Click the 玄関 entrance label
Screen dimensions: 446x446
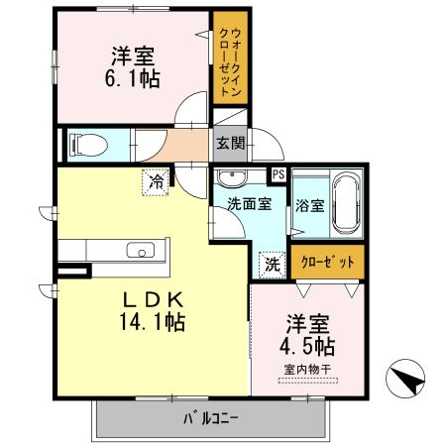[x=230, y=143]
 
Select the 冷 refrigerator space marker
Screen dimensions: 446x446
[x=156, y=181]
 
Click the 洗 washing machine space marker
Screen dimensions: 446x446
[x=271, y=265]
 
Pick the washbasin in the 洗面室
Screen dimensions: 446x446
[x=234, y=178]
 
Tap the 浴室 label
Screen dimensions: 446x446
[x=308, y=206]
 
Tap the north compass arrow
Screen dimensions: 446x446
[x=403, y=378]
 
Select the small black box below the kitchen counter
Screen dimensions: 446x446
[x=71, y=269]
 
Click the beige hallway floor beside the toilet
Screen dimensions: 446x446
[x=178, y=149]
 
